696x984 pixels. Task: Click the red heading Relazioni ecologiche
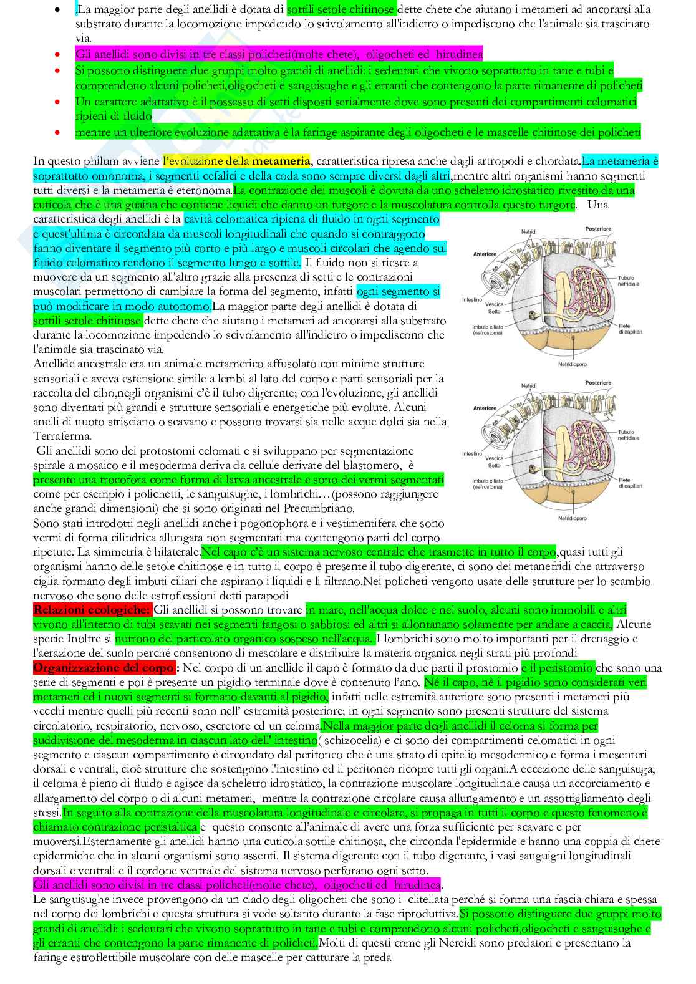point(92,610)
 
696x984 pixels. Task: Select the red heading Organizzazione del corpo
point(104,668)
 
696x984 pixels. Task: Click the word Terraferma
point(62,437)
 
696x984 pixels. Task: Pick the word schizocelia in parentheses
point(350,740)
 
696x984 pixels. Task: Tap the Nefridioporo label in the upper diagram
point(572,364)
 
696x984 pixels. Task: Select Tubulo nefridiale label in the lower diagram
point(629,435)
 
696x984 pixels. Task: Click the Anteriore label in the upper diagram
point(485,254)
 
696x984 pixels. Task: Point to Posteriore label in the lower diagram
point(598,383)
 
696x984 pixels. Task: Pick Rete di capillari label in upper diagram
point(630,329)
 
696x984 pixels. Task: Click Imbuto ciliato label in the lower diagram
point(487,483)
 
